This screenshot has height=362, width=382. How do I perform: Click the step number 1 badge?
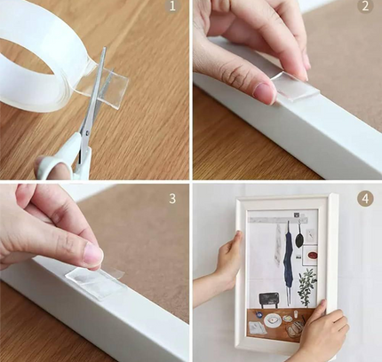172,6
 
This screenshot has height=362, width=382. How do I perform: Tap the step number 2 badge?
365,6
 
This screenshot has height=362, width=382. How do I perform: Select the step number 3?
172,199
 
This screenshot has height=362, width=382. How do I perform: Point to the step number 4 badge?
365,199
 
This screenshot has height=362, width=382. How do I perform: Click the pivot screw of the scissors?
87,133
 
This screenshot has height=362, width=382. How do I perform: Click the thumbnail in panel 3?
93,255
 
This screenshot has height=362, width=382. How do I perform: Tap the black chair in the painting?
269,300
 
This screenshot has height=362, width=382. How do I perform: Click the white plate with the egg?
272,319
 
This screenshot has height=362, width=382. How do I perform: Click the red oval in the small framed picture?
312,255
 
